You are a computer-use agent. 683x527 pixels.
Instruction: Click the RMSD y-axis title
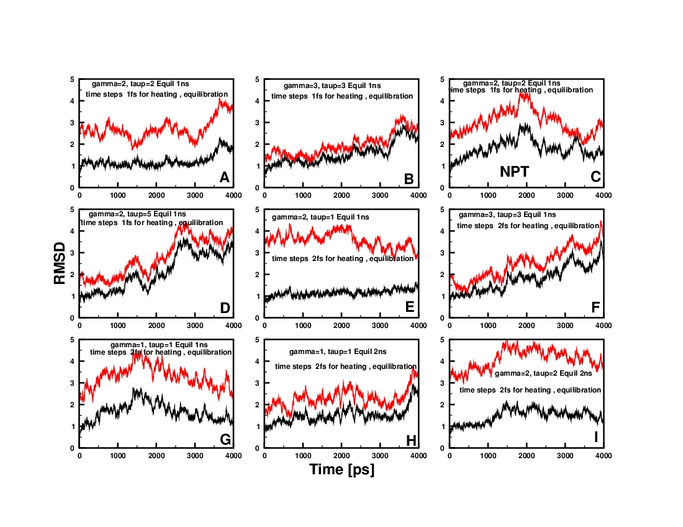(60, 263)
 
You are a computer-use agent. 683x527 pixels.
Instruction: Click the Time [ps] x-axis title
(341, 470)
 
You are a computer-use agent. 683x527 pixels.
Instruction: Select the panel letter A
(225, 178)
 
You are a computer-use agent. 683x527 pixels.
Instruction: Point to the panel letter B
(409, 179)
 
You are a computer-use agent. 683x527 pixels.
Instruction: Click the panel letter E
(409, 308)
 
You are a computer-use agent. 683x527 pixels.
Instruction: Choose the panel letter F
(594, 308)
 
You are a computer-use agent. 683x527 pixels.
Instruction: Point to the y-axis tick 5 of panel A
(73, 79)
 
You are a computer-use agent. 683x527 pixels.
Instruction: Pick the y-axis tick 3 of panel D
(73, 253)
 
